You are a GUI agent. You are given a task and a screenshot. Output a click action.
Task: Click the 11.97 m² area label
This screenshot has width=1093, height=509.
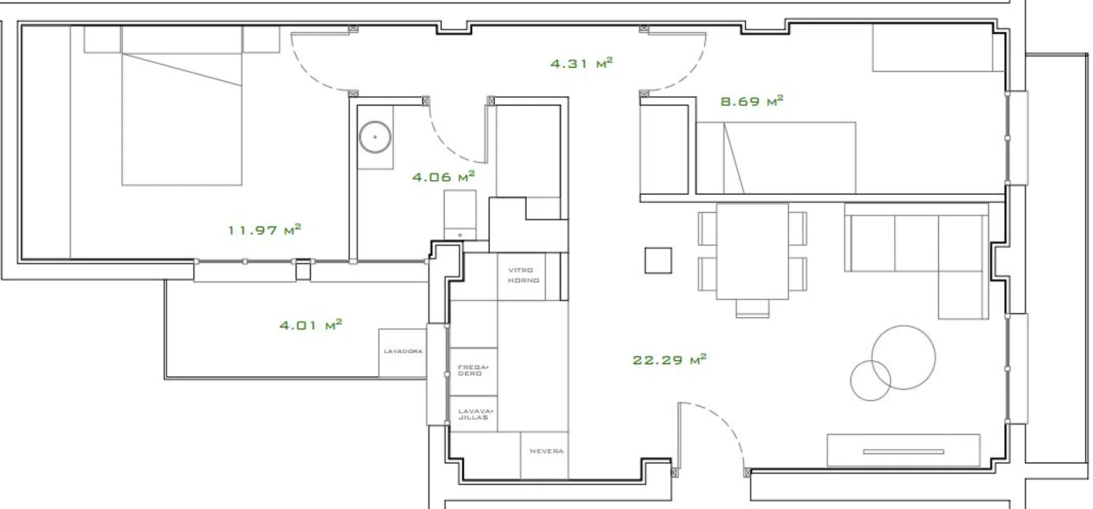coord(265,229)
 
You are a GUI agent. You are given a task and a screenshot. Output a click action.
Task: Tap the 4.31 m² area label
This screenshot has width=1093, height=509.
coord(581,63)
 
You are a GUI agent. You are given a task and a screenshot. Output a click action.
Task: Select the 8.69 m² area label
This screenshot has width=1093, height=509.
coord(751,101)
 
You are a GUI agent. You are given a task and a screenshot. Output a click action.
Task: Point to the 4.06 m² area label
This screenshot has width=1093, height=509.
coord(444,176)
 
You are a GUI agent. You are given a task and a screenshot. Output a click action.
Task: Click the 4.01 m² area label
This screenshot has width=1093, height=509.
coord(311,325)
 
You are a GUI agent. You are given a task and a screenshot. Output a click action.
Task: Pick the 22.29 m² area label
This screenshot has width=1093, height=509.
coord(670,360)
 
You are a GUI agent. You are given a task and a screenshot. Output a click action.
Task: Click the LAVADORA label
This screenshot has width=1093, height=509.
coord(403,351)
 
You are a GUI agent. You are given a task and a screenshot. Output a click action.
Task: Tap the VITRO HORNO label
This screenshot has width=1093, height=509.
coord(524,275)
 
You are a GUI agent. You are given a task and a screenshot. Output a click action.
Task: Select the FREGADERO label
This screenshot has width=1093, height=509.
coord(473,370)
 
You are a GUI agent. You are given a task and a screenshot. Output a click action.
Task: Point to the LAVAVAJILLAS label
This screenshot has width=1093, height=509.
coord(476,414)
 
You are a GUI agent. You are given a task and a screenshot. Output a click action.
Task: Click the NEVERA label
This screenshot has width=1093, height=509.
coord(546,451)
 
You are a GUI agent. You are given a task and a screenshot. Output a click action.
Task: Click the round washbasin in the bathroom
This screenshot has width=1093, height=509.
coord(375,137)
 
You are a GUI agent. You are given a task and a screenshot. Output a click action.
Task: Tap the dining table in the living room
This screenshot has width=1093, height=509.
coord(752,251)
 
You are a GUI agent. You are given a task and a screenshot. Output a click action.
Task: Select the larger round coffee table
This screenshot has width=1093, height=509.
coord(904,357)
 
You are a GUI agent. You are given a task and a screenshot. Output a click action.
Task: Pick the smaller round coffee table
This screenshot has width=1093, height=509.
coord(870,381)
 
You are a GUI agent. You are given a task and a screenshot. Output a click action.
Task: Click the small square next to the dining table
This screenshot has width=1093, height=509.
coord(658,260)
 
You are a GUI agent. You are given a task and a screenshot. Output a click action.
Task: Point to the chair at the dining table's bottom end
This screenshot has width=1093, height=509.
coord(752,308)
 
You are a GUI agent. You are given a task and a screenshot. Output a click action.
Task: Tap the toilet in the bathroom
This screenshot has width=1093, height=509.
coord(460,215)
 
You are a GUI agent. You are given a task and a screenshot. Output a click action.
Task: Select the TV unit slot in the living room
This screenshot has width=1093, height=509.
coord(904,452)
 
